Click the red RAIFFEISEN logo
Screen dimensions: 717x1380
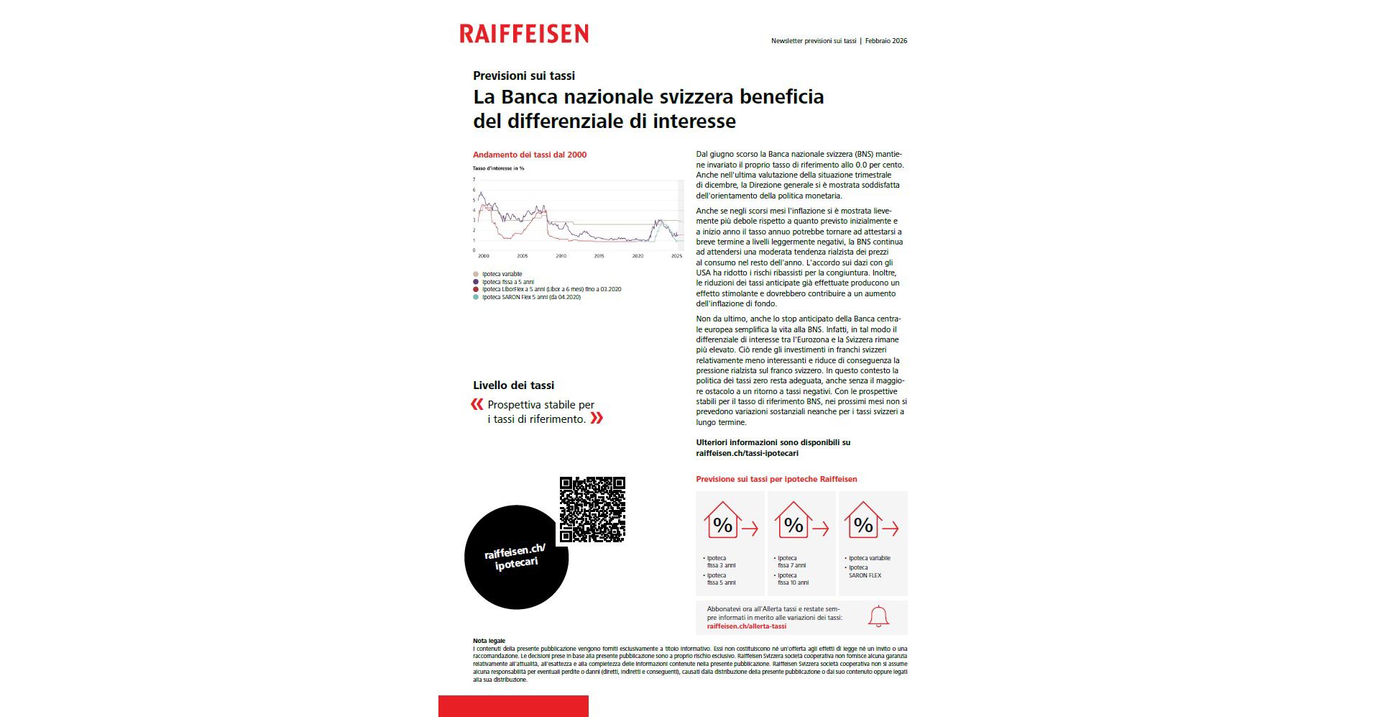[x=524, y=34]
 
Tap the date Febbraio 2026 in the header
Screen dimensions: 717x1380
[x=885, y=41]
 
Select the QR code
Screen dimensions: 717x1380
[x=592, y=509]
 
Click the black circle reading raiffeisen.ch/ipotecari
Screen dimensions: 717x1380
[x=516, y=557]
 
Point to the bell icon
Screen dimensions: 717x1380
[x=878, y=616]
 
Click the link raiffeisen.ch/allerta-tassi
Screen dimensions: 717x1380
[x=746, y=626]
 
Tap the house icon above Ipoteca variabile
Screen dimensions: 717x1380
[x=863, y=521]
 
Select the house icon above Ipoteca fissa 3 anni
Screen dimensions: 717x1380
[x=722, y=521]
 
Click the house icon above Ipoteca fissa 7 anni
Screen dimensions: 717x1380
[x=793, y=521]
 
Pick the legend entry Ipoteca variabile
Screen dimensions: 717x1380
[x=502, y=274]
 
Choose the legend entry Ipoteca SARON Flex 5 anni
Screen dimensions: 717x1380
[x=531, y=297]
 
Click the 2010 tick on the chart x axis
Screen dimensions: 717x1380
[x=561, y=256]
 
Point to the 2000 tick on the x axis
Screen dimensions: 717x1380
[x=484, y=256]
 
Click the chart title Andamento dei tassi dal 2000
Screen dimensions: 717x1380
[x=530, y=155]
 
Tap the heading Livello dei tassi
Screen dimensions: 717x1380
[x=513, y=385]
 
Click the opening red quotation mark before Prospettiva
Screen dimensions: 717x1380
[x=477, y=404]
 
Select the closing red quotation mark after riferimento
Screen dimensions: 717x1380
[x=597, y=419]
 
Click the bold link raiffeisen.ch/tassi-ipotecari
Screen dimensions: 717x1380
[x=747, y=453]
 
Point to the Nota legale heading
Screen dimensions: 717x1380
[x=489, y=641]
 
